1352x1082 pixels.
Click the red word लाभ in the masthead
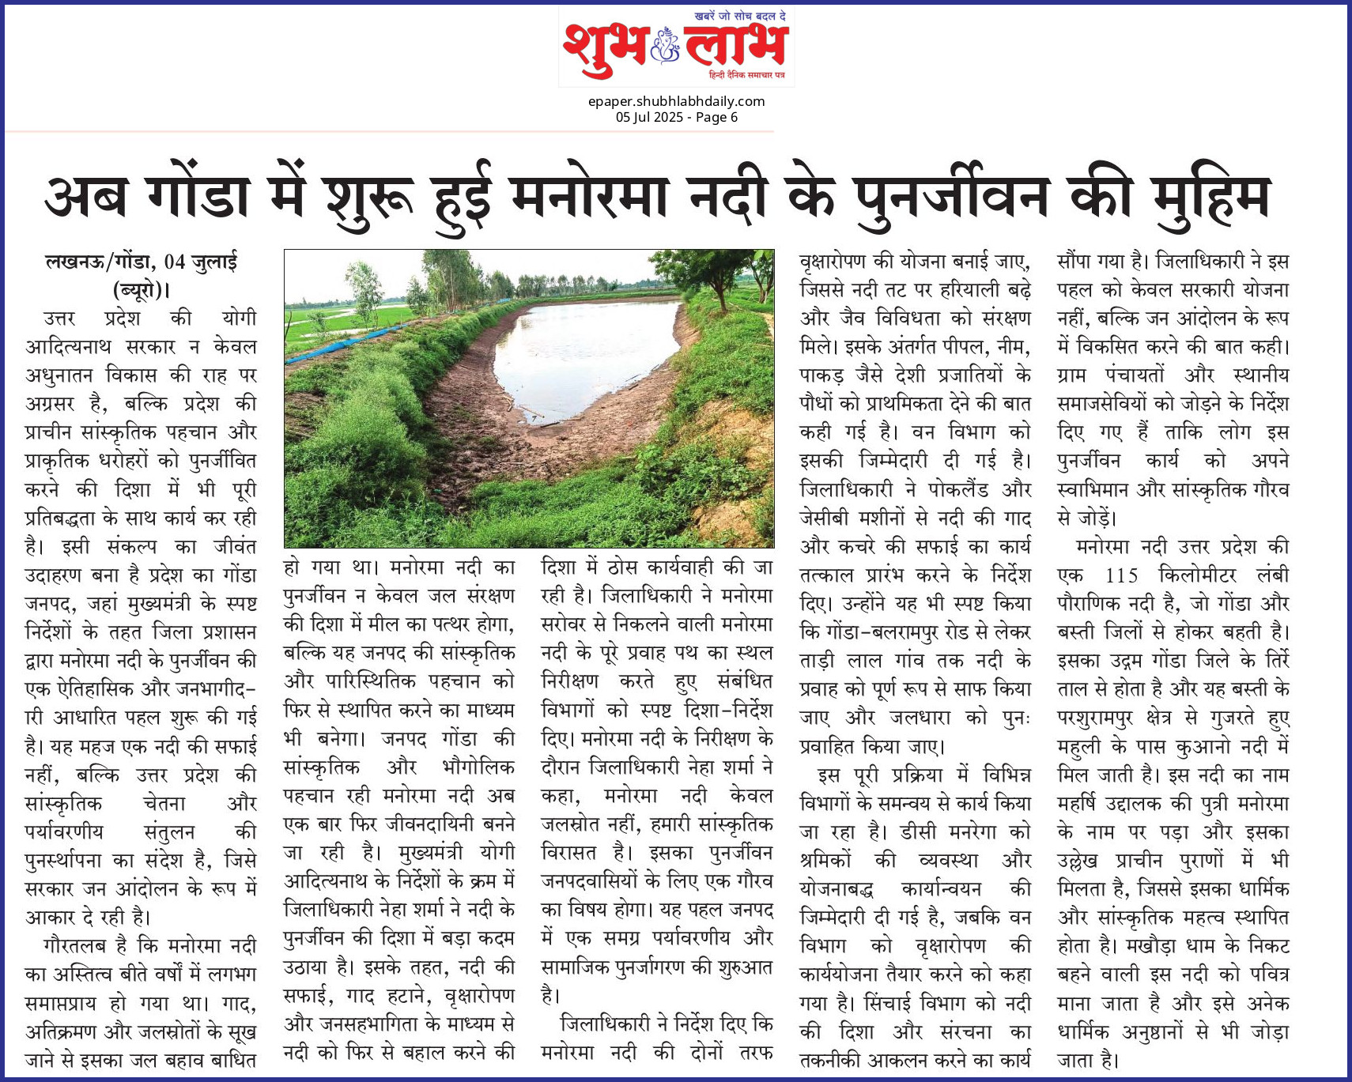[735, 48]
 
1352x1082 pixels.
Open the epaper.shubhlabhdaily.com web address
[676, 101]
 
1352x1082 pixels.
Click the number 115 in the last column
[1121, 575]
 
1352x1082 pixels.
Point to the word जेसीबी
[825, 518]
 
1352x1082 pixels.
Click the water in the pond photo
[585, 348]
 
